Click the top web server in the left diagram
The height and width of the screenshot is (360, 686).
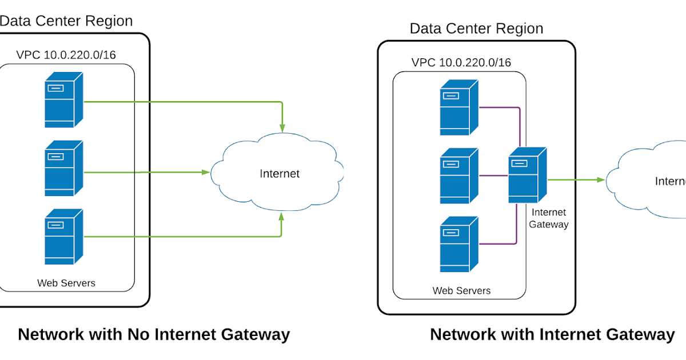[x=63, y=100]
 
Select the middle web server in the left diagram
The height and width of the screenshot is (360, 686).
[x=63, y=169]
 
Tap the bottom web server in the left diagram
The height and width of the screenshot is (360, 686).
[x=63, y=237]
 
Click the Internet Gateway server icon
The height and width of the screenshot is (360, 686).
[x=527, y=175]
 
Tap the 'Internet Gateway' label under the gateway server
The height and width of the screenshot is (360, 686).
[x=548, y=219]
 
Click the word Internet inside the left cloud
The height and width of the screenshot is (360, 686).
[x=280, y=174]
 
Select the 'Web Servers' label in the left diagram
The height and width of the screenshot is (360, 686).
[x=66, y=283]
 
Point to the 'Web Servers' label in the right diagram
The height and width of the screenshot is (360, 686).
[x=461, y=291]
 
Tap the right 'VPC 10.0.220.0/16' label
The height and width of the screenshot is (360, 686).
[x=461, y=63]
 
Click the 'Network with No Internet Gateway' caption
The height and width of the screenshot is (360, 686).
[x=154, y=334]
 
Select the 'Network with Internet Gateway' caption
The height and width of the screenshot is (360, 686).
[x=552, y=334]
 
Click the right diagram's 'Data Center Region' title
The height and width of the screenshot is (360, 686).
[x=476, y=29]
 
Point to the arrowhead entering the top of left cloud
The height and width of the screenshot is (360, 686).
[x=282, y=124]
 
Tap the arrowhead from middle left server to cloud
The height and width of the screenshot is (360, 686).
[x=204, y=171]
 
